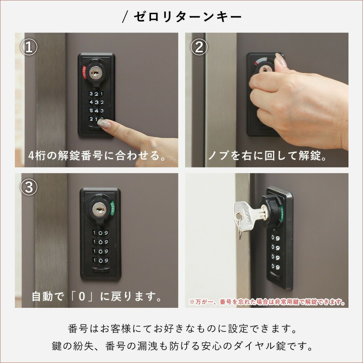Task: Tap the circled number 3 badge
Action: click(29, 187)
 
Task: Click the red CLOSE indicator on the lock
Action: click(84, 72)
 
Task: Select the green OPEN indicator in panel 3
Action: click(113, 208)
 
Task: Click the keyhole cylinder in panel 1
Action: click(95, 73)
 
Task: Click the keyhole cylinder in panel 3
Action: click(99, 209)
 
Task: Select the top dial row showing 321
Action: click(96, 94)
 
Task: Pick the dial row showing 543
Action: click(96, 111)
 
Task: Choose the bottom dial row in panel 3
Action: click(101, 260)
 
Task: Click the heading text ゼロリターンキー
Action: click(188, 17)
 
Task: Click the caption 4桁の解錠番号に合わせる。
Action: click(97, 156)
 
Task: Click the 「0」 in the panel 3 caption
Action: click(82, 296)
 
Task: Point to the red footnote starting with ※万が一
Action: click(267, 302)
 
